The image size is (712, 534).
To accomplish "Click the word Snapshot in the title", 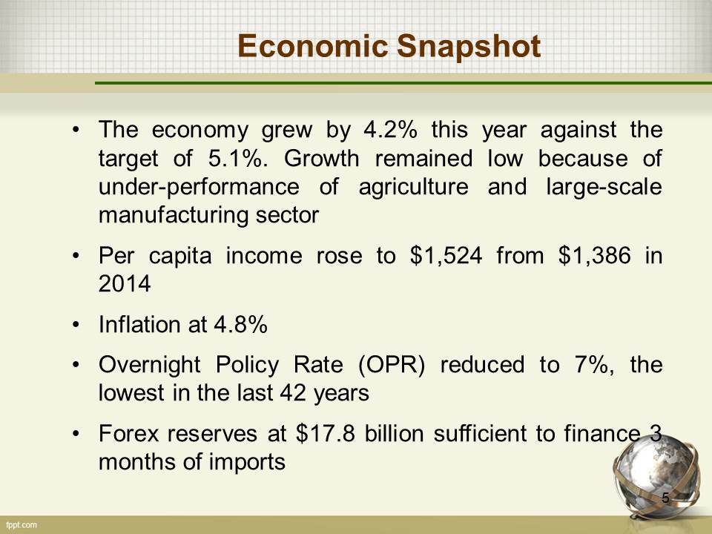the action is click(469, 47).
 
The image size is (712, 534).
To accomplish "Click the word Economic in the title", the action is click(312, 46).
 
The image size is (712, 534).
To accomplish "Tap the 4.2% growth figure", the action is click(391, 130).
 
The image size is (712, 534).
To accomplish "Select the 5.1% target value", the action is click(236, 159).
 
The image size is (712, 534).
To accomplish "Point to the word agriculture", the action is click(413, 188).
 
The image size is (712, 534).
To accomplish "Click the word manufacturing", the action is click(173, 215).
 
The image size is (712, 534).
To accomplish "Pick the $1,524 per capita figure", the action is click(446, 256).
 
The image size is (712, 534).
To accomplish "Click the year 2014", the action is click(125, 284).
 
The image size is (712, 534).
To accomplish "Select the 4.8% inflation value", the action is click(240, 325).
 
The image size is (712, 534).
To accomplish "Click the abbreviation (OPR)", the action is click(392, 365).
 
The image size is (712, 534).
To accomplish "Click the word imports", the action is click(247, 462).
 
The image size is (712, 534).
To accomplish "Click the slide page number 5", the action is click(666, 498).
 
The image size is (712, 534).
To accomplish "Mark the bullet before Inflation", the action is click(76, 325).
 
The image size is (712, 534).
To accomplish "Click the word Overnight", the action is click(149, 365).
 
